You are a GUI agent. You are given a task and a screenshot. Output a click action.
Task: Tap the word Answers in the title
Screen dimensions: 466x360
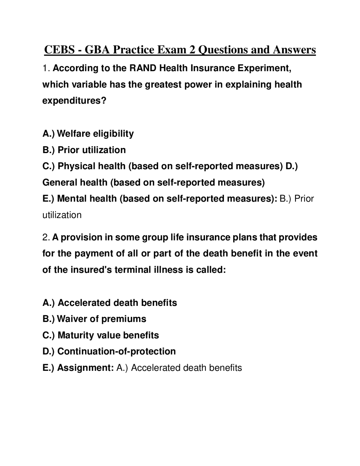coord(294,50)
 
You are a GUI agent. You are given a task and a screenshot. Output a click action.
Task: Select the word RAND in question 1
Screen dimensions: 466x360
coord(143,68)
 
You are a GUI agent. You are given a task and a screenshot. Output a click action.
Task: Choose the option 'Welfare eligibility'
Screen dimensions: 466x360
coord(95,133)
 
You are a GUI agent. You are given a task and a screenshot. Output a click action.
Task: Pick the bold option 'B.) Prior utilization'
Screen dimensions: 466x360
coord(84,150)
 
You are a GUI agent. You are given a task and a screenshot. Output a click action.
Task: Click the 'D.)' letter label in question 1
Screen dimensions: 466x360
coord(291,166)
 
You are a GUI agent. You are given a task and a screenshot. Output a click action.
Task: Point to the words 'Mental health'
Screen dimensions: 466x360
coord(87,199)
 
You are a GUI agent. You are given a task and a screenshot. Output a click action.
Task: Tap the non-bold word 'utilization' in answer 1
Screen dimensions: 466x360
coord(62,215)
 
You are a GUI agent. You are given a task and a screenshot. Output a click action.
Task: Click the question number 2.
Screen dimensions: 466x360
coord(46,237)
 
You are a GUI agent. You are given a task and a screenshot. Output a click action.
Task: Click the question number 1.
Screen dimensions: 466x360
coord(46,68)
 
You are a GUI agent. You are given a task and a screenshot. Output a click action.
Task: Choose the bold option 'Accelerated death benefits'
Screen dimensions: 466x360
coord(117,303)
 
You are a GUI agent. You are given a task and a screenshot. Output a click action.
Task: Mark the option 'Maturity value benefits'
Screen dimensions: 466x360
coord(108,335)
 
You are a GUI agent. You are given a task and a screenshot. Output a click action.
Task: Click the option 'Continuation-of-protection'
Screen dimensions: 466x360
coord(116,351)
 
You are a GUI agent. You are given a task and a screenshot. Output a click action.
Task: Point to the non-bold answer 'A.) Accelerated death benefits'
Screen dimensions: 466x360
coord(179,368)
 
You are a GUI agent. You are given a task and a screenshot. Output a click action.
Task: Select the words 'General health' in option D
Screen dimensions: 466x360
coord(75,182)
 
